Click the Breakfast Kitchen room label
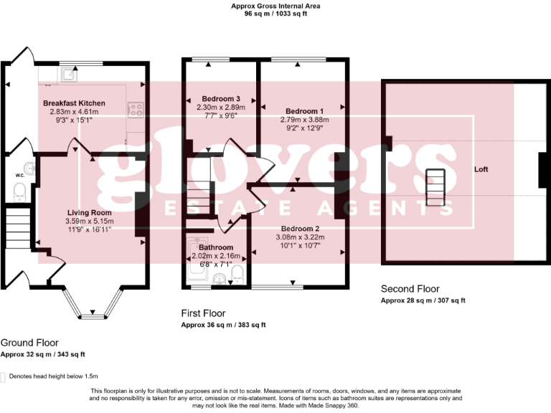pos(73,103)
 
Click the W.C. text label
pos(20,174)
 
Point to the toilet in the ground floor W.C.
pos(20,191)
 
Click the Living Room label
pos(89,213)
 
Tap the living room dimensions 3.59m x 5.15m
pos(89,222)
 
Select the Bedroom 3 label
pos(220,99)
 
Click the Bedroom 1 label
pos(304,111)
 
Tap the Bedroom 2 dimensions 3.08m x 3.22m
pos(297,237)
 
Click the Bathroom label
pos(212,247)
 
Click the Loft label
pos(481,170)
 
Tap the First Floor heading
pos(204,314)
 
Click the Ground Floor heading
pos(29,343)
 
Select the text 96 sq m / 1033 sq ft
pos(275,14)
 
